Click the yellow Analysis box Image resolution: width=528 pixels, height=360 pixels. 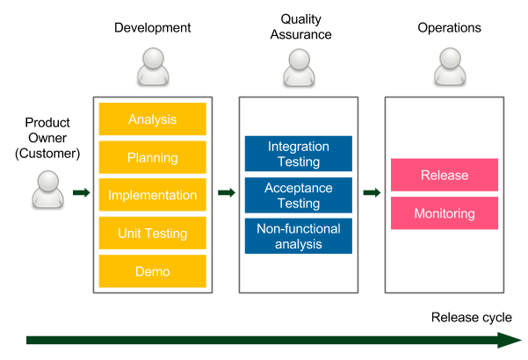153,119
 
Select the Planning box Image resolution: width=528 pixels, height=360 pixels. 153,157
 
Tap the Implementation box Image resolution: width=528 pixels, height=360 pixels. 153,195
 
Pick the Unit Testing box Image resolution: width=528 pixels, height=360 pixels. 153,234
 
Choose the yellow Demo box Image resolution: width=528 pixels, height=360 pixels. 153,271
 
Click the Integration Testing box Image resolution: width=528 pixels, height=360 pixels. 299,154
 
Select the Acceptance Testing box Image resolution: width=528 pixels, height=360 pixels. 299,195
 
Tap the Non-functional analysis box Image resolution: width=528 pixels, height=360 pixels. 299,236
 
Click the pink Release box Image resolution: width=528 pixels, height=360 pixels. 445,175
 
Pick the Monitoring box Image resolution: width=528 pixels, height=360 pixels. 445,213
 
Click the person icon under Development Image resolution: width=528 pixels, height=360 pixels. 153,66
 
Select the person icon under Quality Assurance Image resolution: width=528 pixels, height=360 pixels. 299,68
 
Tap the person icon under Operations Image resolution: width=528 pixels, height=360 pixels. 450,66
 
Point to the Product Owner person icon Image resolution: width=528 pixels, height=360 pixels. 47,189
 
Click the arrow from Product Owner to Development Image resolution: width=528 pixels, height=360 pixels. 82,193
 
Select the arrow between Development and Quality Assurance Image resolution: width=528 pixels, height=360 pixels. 227,193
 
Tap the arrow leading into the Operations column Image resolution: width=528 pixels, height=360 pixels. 372,193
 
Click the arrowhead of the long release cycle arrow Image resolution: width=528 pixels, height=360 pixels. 510,340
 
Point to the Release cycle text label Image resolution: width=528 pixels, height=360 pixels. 472,317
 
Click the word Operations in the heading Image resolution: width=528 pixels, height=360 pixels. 449,27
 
